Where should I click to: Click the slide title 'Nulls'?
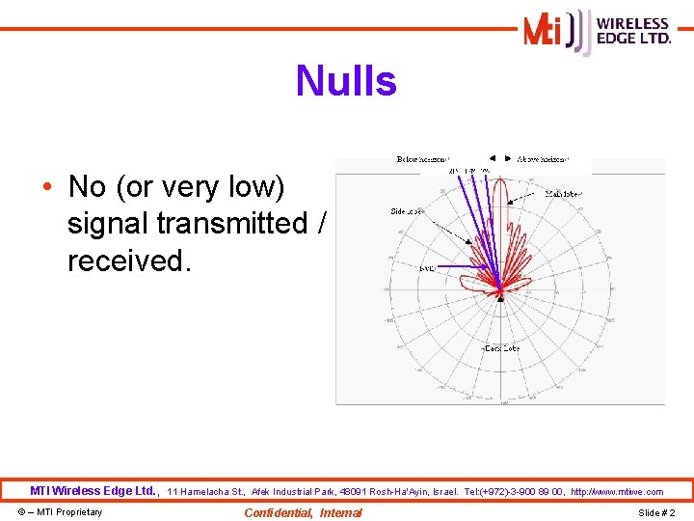(346, 81)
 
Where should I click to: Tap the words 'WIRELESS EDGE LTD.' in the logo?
(633, 31)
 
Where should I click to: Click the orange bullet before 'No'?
(46, 186)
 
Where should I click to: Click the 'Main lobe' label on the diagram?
(563, 194)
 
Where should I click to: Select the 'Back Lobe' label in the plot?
(501, 347)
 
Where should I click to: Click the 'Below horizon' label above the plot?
(423, 158)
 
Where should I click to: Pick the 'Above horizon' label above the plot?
(543, 158)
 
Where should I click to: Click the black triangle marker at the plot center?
(499, 296)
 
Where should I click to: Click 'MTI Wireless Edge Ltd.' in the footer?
(93, 491)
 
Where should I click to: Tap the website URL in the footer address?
(617, 492)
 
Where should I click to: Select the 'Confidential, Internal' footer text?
(303, 512)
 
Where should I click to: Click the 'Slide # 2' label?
(656, 512)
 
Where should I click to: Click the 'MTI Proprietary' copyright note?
(61, 512)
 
